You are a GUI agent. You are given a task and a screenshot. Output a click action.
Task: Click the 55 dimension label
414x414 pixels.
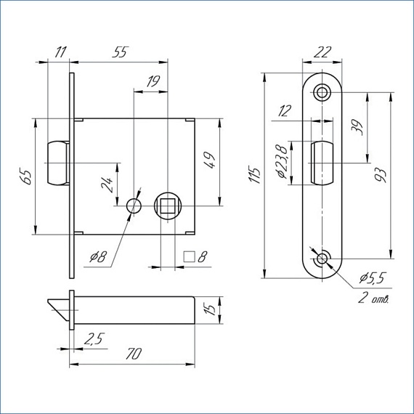click(121, 52)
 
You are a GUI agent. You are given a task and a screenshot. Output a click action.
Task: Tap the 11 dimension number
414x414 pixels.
click(60, 52)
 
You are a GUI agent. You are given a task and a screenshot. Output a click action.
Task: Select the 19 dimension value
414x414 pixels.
click(153, 81)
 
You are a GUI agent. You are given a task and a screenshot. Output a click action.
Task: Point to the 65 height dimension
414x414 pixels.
click(25, 177)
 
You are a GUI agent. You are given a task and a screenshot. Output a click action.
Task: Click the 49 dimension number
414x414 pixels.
click(210, 160)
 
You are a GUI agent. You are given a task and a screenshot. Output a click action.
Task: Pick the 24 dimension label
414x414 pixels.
click(107, 184)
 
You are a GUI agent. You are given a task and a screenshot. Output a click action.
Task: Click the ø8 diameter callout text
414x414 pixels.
click(98, 256)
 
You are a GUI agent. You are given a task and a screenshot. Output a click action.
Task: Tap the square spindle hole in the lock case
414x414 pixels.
click(167, 206)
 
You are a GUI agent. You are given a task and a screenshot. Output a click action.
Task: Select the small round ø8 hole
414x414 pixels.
click(134, 206)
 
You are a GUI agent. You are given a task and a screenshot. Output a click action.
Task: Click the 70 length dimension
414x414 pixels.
click(134, 354)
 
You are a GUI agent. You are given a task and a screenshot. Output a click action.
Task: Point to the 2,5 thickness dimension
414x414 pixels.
click(94, 339)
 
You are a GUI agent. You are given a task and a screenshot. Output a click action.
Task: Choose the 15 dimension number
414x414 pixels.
click(210, 309)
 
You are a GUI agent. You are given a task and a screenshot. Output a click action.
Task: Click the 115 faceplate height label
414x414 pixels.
click(254, 175)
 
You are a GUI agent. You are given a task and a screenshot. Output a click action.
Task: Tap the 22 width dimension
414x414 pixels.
click(322, 52)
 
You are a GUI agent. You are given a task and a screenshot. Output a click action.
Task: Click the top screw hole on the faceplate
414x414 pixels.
click(322, 92)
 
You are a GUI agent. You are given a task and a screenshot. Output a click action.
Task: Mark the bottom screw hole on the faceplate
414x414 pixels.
click(322, 259)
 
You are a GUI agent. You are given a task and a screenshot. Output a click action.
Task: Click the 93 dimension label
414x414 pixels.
click(381, 175)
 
